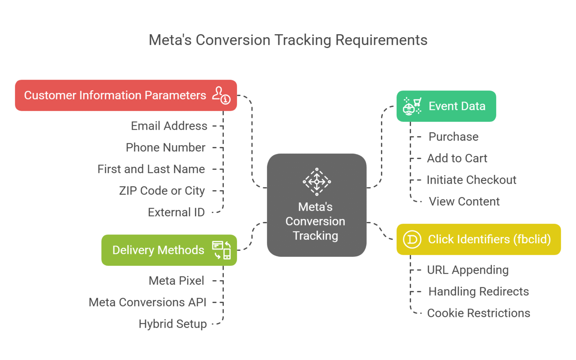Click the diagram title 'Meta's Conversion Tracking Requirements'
pyautogui.click(x=288, y=40)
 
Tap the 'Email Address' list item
pyautogui.click(x=169, y=126)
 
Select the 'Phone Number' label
pyautogui.click(x=165, y=148)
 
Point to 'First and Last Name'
pyautogui.click(x=151, y=169)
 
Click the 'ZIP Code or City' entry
pyautogui.click(x=162, y=191)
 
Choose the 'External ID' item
pyautogui.click(x=176, y=213)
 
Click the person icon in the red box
pyautogui.click(x=221, y=95)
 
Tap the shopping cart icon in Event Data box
pyautogui.click(x=412, y=106)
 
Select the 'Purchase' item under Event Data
pyautogui.click(x=453, y=137)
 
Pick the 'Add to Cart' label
pyautogui.click(x=457, y=159)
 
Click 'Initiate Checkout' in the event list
pyautogui.click(x=471, y=180)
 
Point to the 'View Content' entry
pyautogui.click(x=464, y=202)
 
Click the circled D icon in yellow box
pyautogui.click(x=412, y=239)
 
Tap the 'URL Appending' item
pyautogui.click(x=468, y=270)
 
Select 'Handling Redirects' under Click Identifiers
pyautogui.click(x=478, y=292)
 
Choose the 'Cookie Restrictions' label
pyautogui.click(x=478, y=313)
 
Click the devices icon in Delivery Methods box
pyautogui.click(x=221, y=250)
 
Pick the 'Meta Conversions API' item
pyautogui.click(x=147, y=302)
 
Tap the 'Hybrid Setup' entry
pyautogui.click(x=172, y=324)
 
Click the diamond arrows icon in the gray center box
pyautogui.click(x=316, y=182)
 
